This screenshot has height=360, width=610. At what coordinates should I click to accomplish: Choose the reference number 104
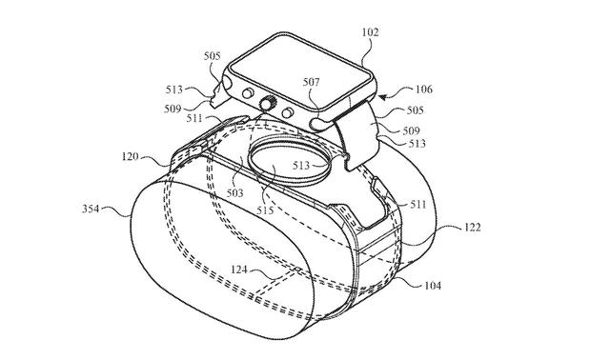pos(433,283)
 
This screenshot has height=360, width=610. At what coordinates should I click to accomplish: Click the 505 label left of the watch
pos(213,56)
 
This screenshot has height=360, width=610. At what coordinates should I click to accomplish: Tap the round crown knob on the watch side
pos(270,102)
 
